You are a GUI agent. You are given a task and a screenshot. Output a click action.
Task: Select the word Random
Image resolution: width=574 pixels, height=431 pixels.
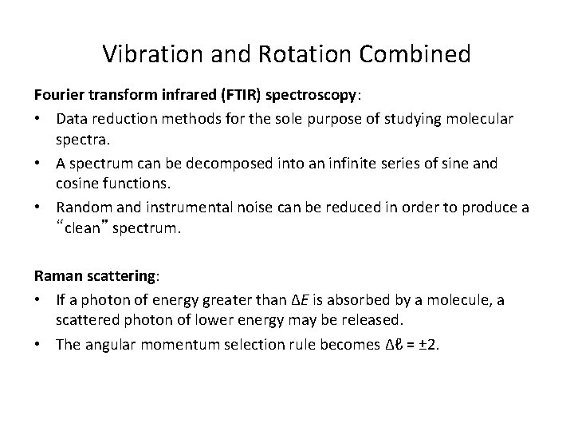click(82, 208)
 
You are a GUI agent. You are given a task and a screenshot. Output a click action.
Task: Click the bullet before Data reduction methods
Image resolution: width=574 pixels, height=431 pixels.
click(39, 118)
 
